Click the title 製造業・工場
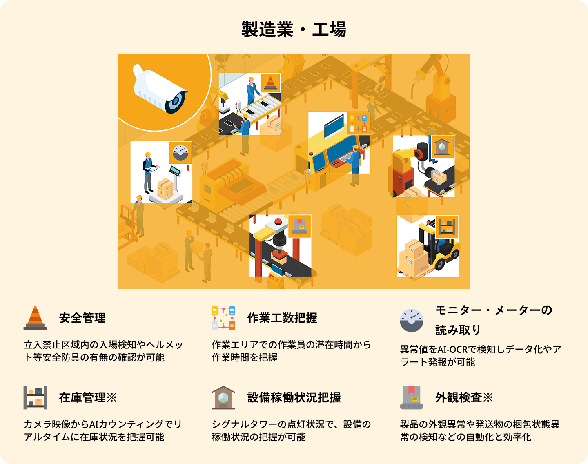click(294, 29)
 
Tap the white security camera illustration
click(160, 89)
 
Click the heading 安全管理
click(82, 318)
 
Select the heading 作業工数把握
click(282, 318)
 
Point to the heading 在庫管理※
click(88, 397)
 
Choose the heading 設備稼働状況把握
click(294, 397)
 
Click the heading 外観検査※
click(464, 397)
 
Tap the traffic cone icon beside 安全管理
click(35, 318)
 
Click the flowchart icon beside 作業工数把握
click(223, 318)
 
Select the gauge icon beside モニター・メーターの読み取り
click(412, 321)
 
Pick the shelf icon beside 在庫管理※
click(35, 397)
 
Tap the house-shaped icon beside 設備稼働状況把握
click(223, 397)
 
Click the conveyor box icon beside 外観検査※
click(412, 397)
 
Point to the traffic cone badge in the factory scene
click(270, 83)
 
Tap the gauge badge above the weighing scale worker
click(180, 153)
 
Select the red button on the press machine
click(278, 221)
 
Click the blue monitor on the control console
click(334, 127)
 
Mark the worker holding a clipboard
click(149, 173)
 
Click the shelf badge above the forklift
click(447, 227)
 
